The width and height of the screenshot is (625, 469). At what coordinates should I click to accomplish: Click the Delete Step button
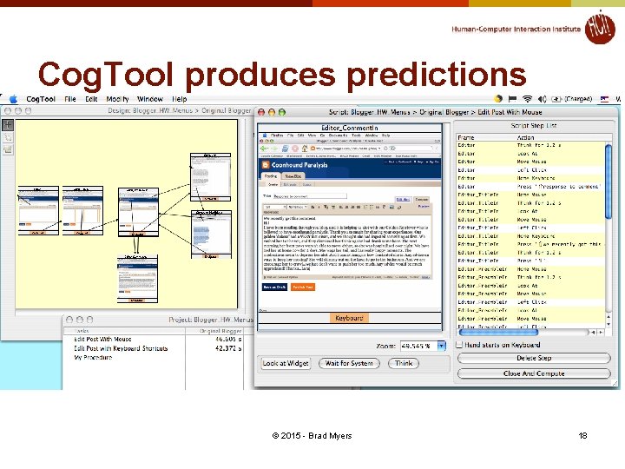[x=533, y=358]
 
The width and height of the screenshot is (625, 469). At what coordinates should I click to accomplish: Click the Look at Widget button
[x=286, y=363]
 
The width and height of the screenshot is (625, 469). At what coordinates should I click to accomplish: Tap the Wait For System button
[x=349, y=363]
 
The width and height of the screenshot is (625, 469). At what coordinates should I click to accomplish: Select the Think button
[x=404, y=363]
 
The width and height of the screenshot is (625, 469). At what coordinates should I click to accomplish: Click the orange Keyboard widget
[x=349, y=318]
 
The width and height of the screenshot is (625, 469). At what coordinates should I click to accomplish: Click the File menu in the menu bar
[x=71, y=99]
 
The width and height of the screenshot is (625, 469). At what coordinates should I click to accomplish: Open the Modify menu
[x=117, y=99]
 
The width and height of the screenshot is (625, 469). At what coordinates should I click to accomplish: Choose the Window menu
[x=150, y=99]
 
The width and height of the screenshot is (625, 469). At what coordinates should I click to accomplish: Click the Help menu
[x=180, y=99]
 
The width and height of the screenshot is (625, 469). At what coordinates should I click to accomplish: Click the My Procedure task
[x=93, y=357]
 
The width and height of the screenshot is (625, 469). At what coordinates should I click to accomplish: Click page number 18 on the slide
[x=582, y=435]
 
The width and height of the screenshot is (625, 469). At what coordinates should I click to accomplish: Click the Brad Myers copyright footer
[x=312, y=435]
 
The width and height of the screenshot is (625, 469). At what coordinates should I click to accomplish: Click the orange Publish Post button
[x=302, y=287]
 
